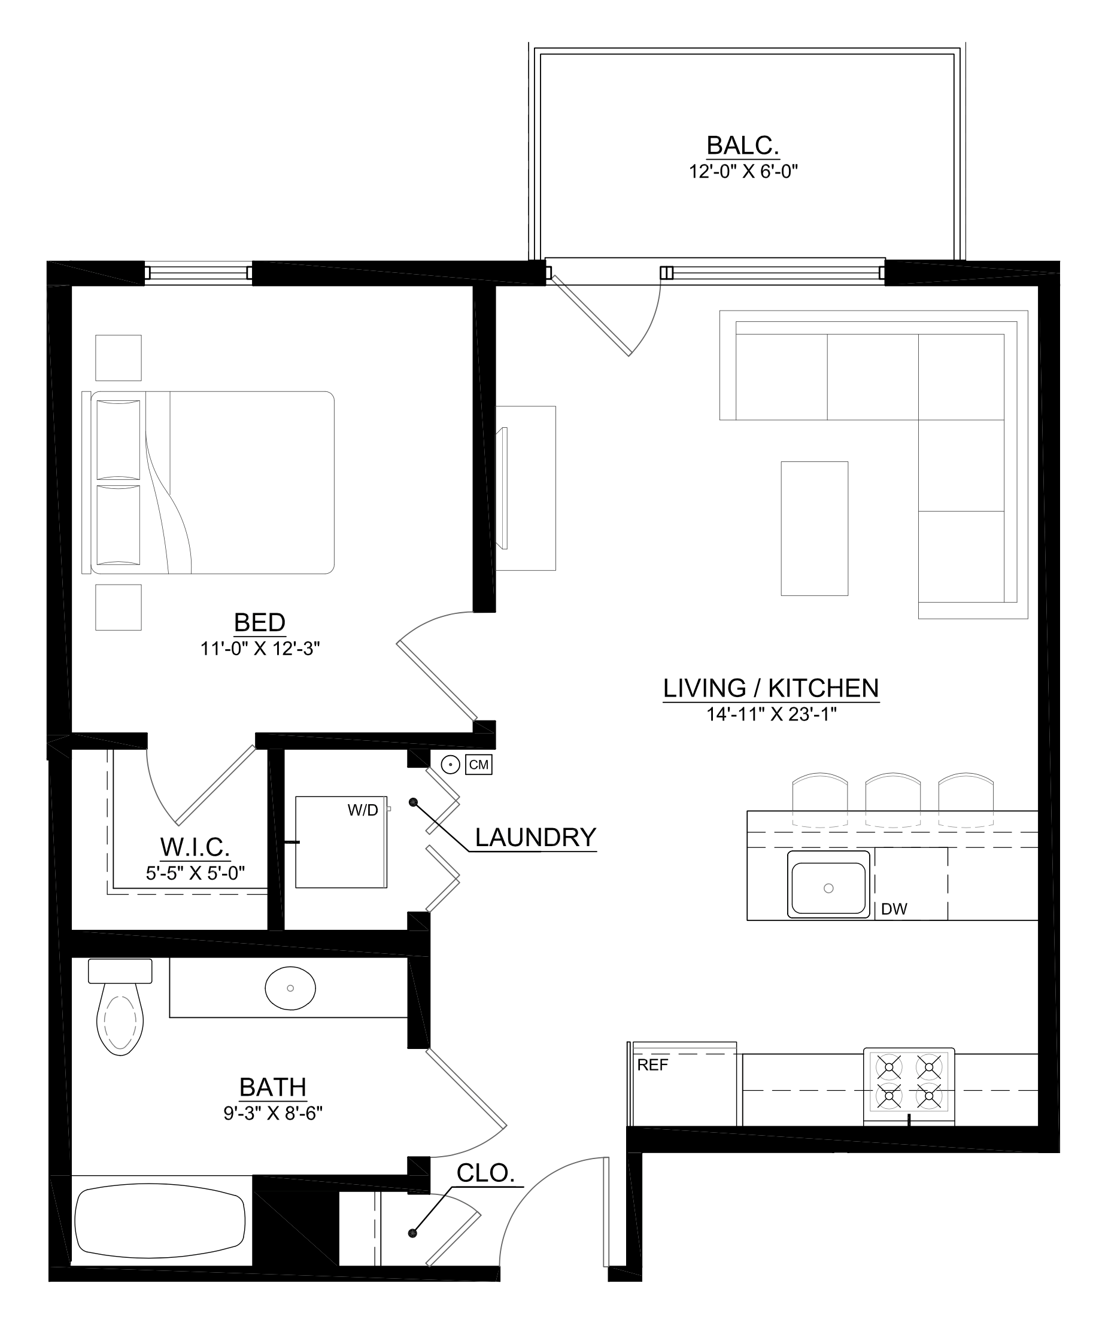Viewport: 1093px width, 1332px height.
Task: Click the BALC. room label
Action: point(742,145)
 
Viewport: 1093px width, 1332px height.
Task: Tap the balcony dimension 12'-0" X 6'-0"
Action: point(743,171)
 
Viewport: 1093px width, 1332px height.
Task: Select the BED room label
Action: point(259,622)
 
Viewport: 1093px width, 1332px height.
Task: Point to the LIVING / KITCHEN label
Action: point(770,688)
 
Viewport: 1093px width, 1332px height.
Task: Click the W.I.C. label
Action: point(195,847)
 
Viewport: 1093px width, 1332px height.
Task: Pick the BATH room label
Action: point(272,1087)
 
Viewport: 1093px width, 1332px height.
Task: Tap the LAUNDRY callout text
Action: point(535,837)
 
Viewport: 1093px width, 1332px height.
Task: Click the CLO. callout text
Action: point(485,1173)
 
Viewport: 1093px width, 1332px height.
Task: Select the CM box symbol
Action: point(478,765)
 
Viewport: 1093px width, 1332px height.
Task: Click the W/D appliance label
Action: point(363,811)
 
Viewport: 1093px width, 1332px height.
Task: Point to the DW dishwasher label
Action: point(894,909)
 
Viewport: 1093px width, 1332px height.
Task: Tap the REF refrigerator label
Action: point(652,1065)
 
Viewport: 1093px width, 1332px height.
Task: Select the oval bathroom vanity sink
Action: point(290,988)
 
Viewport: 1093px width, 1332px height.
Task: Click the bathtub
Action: point(160,1222)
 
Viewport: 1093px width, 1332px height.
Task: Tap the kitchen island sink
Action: point(828,887)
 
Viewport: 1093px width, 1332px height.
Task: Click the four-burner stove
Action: point(909,1086)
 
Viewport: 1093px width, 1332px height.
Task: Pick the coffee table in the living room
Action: point(814,528)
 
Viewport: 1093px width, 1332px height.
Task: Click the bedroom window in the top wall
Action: point(198,273)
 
